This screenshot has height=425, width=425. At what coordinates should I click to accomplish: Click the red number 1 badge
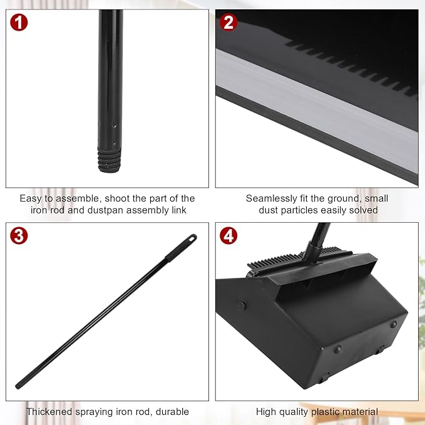tap(19, 24)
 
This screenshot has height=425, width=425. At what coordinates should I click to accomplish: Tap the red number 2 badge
tap(229, 24)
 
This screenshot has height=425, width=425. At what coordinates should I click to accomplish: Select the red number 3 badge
tap(19, 237)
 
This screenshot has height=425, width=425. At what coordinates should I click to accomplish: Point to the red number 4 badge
tap(229, 237)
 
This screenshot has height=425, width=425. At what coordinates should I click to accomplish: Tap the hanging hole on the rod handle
tap(190, 238)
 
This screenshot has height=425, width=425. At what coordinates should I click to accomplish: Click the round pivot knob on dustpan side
tap(242, 305)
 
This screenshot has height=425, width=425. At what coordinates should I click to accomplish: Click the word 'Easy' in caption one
tap(31, 198)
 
